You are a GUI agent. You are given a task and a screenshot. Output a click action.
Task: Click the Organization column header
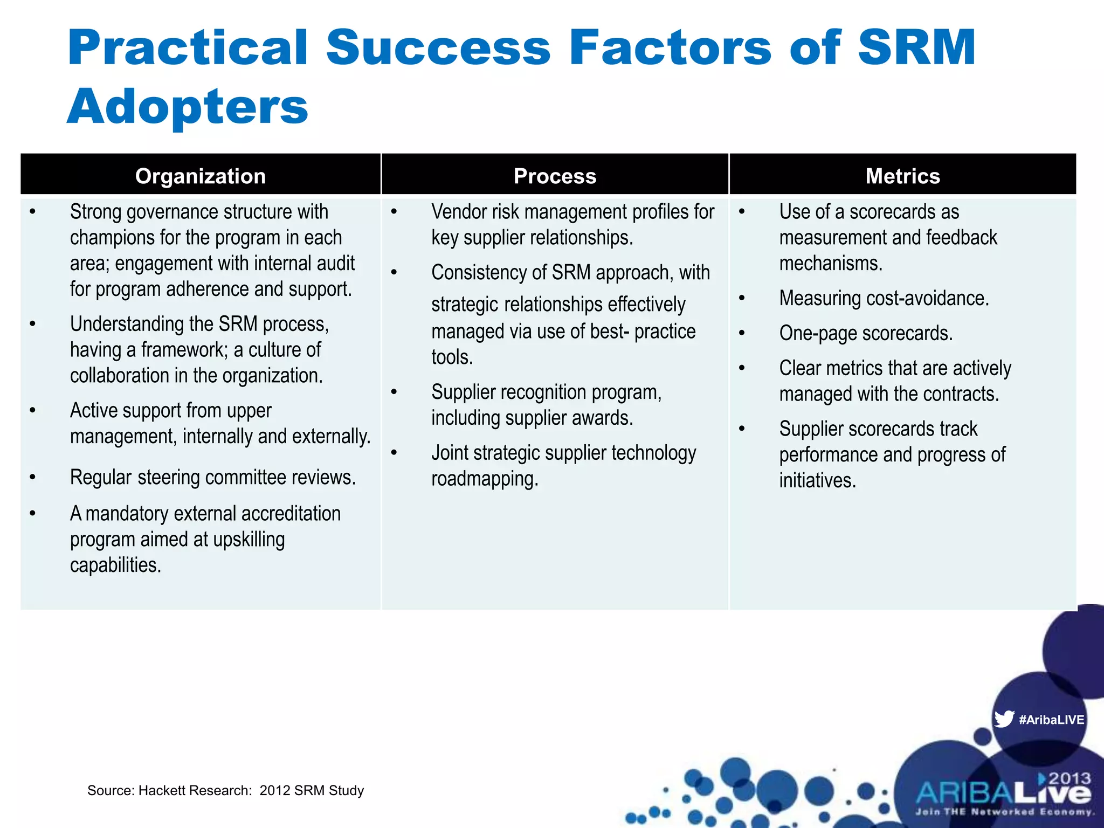coord(201,176)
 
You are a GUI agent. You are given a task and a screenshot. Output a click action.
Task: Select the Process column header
coord(555,176)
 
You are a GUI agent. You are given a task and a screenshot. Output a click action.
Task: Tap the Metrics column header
coord(902,176)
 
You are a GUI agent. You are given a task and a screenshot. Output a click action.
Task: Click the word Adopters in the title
coord(188,107)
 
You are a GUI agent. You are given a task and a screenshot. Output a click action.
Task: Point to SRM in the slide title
coord(916,49)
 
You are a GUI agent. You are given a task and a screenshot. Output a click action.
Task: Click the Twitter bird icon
coord(1004,719)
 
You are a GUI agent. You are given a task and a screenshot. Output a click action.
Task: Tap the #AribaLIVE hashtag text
coord(1051,720)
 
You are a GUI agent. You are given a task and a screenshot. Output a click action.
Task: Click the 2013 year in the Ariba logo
coord(1069,778)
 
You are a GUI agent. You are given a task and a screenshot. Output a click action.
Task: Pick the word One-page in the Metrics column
coord(818,333)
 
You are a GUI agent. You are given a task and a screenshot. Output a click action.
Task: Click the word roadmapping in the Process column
coord(484,479)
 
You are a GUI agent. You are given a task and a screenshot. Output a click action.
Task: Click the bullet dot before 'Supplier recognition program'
coord(394,392)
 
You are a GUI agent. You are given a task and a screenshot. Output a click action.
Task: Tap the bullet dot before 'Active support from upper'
coord(33,411)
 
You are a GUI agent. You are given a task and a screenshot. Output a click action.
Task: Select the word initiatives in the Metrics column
coord(817,480)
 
